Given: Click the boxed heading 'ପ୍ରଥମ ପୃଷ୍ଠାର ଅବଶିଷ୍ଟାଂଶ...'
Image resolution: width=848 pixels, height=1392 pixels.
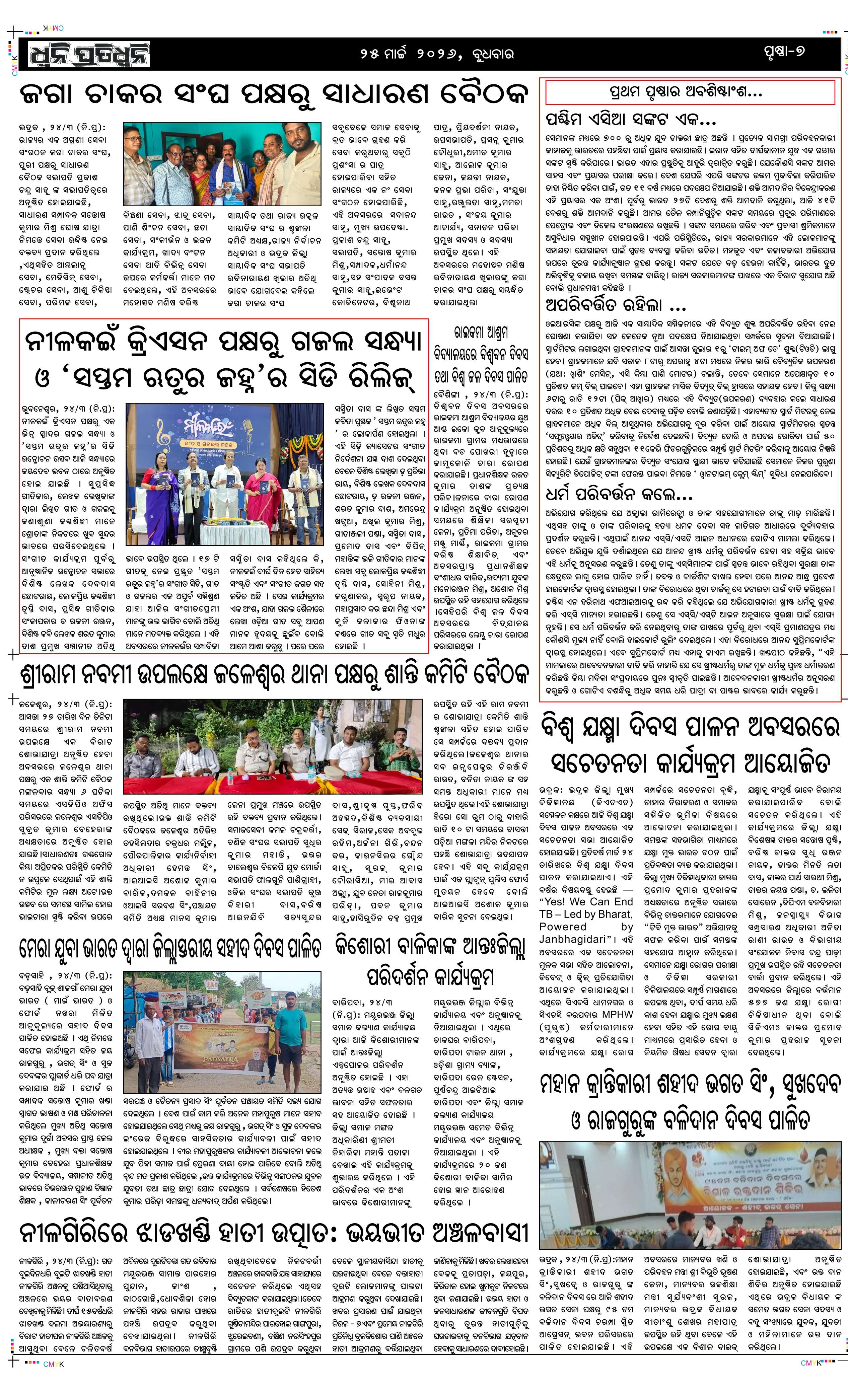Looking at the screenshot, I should [x=687, y=92].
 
